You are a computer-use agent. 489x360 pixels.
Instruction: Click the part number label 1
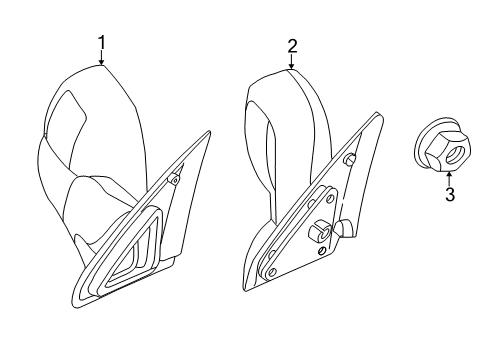[x=101, y=41]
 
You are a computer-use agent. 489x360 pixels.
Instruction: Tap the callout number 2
[x=291, y=45]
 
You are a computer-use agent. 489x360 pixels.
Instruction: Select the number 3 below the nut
[x=449, y=195]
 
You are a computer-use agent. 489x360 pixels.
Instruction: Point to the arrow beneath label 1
[x=101, y=58]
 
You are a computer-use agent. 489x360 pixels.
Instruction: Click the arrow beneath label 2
[x=291, y=62]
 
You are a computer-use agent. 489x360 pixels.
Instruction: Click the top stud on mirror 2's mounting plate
[x=349, y=160]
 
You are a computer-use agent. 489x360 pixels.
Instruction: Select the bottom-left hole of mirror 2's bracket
[x=269, y=270]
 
